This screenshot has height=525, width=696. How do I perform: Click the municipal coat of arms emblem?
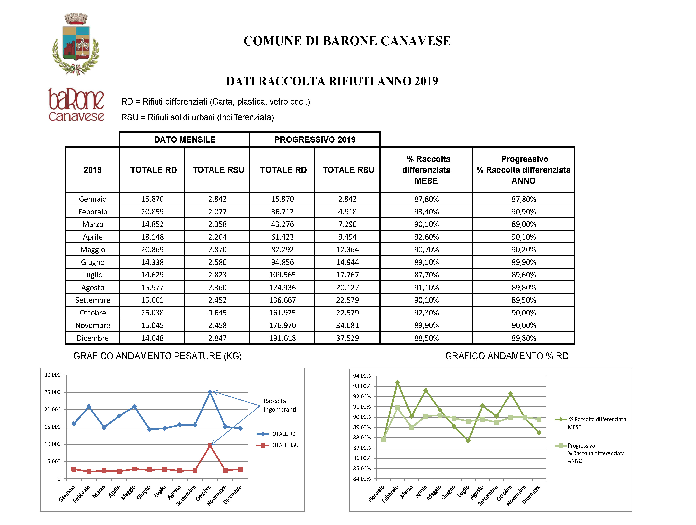pyautogui.click(x=76, y=44)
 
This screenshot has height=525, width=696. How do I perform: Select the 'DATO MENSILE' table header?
pyautogui.click(x=185, y=140)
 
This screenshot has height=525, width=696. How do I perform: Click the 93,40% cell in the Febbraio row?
pyautogui.click(x=426, y=212)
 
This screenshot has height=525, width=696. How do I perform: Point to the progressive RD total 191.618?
pyautogui.click(x=282, y=338)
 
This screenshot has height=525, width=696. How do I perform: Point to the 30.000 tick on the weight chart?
pyautogui.click(x=53, y=375)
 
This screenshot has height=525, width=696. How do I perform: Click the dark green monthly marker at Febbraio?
pyautogui.click(x=397, y=382)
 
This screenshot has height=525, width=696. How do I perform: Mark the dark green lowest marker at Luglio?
pyautogui.click(x=468, y=441)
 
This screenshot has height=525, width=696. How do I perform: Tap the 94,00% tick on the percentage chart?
pyautogui.click(x=362, y=376)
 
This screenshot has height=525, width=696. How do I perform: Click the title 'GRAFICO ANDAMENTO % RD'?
pyautogui.click(x=507, y=356)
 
